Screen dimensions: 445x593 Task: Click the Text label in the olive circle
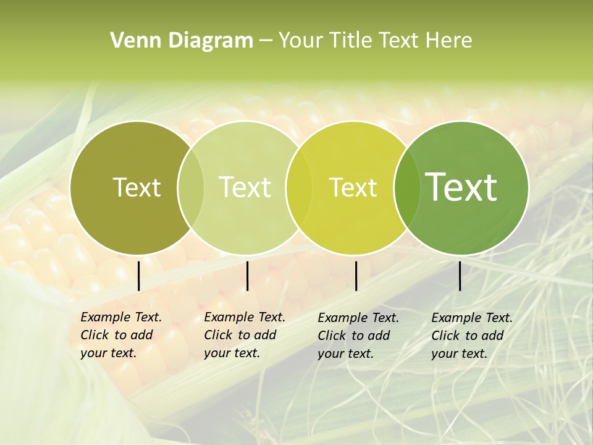pyautogui.click(x=137, y=187)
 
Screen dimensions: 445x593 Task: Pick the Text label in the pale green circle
pyautogui.click(x=245, y=187)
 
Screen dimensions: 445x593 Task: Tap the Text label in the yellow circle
pyautogui.click(x=353, y=187)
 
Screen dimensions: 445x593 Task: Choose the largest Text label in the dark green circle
pyautogui.click(x=461, y=187)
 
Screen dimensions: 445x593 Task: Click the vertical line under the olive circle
pyautogui.click(x=139, y=276)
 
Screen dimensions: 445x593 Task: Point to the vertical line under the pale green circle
pyautogui.click(x=247, y=276)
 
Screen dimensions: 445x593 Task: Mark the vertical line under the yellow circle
pyautogui.click(x=356, y=276)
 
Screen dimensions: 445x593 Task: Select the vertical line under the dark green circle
pyautogui.click(x=460, y=276)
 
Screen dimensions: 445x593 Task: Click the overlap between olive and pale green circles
pyautogui.click(x=191, y=187)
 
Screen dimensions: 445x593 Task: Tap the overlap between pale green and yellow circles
pyautogui.click(x=299, y=187)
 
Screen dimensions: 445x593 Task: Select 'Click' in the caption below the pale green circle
pyautogui.click(x=217, y=336)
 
